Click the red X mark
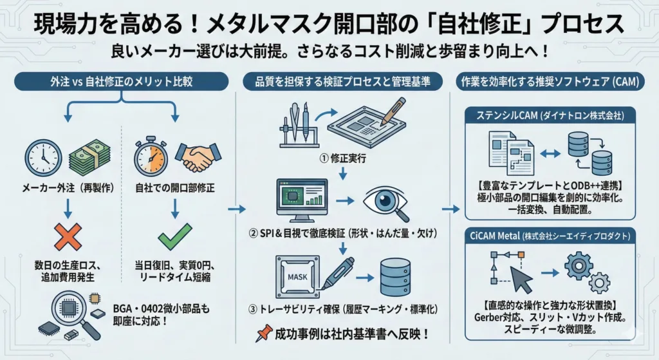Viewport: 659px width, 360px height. [x=65, y=238]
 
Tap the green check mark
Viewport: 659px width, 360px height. [x=176, y=237]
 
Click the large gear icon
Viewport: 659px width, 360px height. [x=578, y=266]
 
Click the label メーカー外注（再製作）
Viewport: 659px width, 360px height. [x=65, y=187]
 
